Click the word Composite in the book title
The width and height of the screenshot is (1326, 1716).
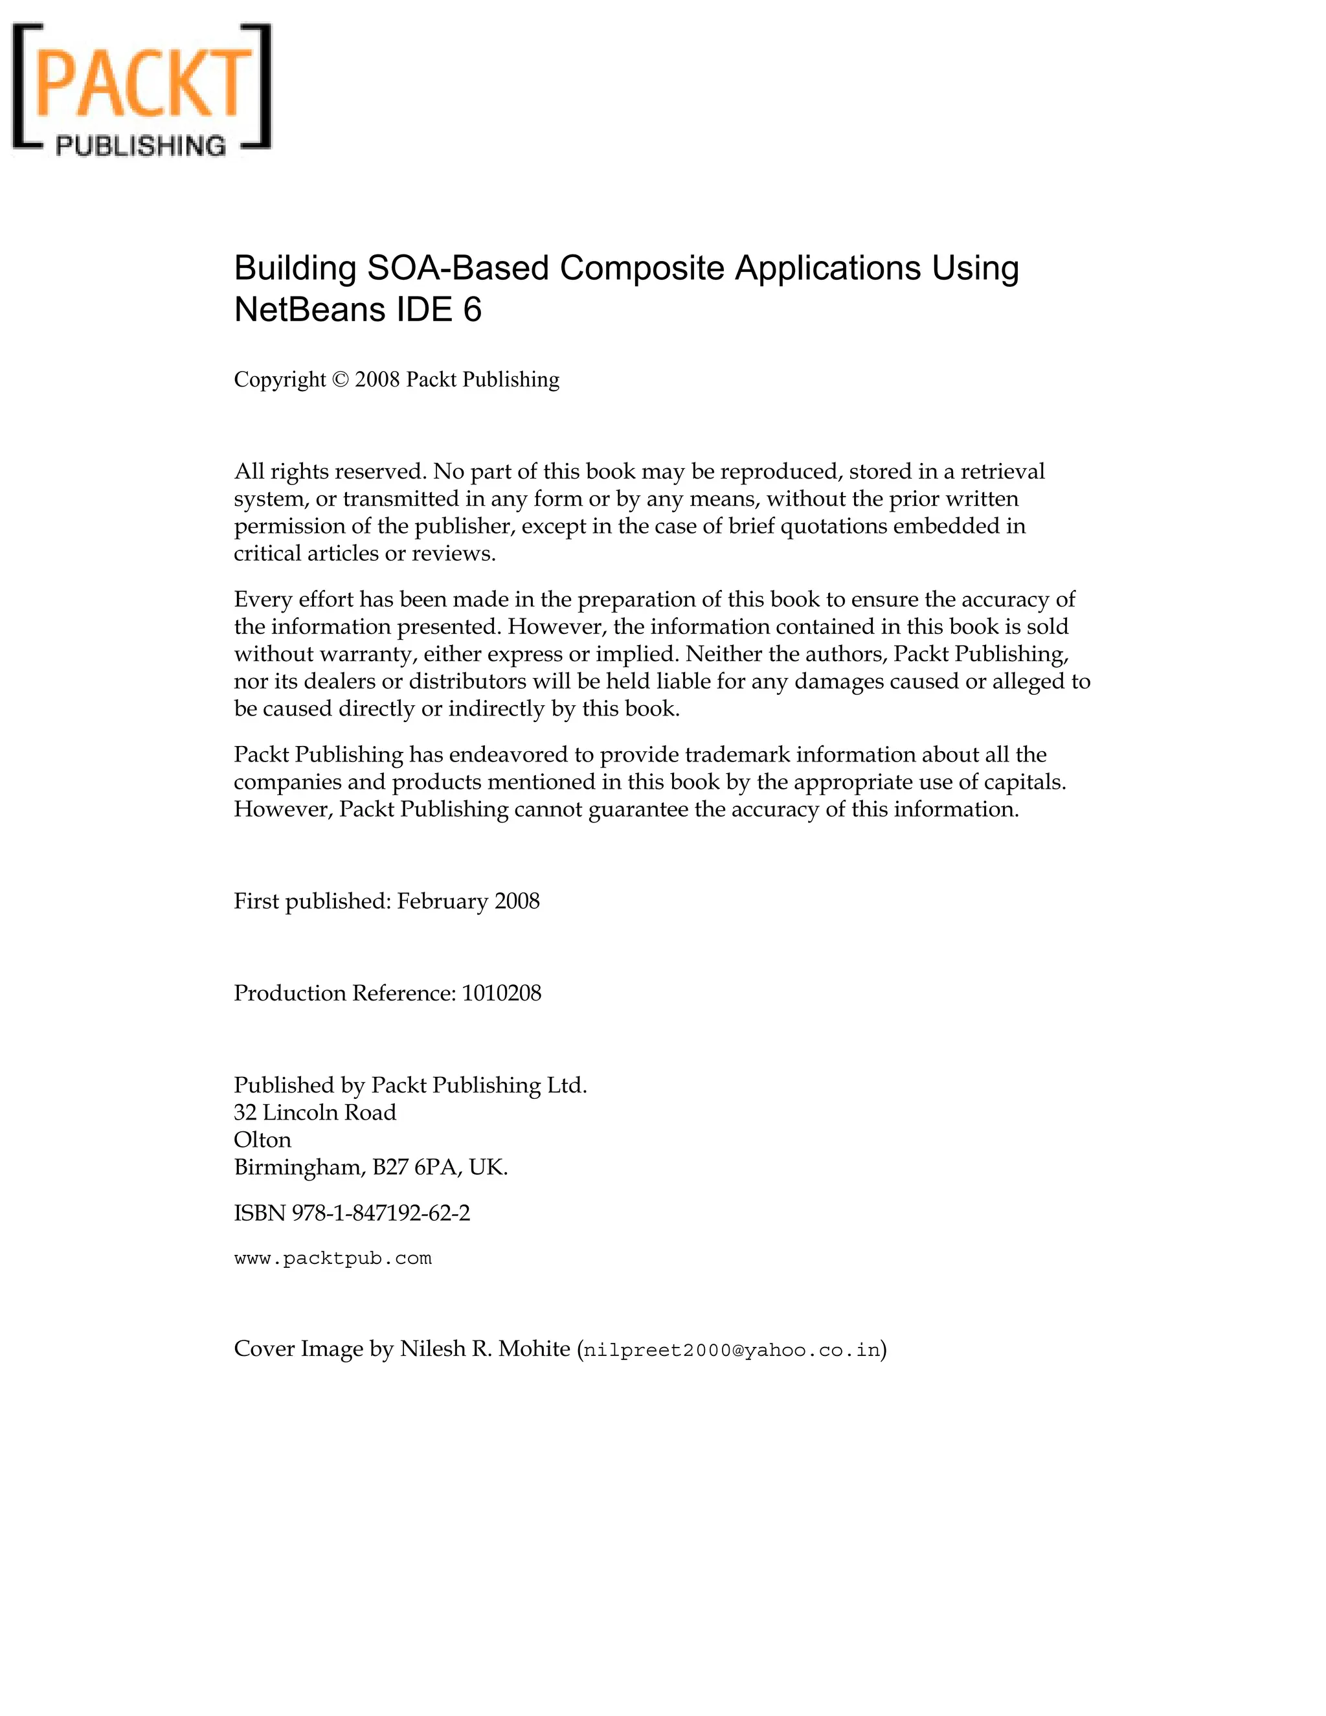tap(642, 269)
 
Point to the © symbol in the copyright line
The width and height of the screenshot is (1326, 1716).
tap(340, 379)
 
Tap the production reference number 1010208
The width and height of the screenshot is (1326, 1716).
tap(501, 993)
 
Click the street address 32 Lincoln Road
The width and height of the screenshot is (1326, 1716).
tap(315, 1112)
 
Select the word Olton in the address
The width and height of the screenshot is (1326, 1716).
tap(262, 1140)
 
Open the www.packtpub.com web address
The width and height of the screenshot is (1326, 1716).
tap(333, 1259)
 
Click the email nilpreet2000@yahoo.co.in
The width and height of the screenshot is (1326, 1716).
tap(732, 1351)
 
